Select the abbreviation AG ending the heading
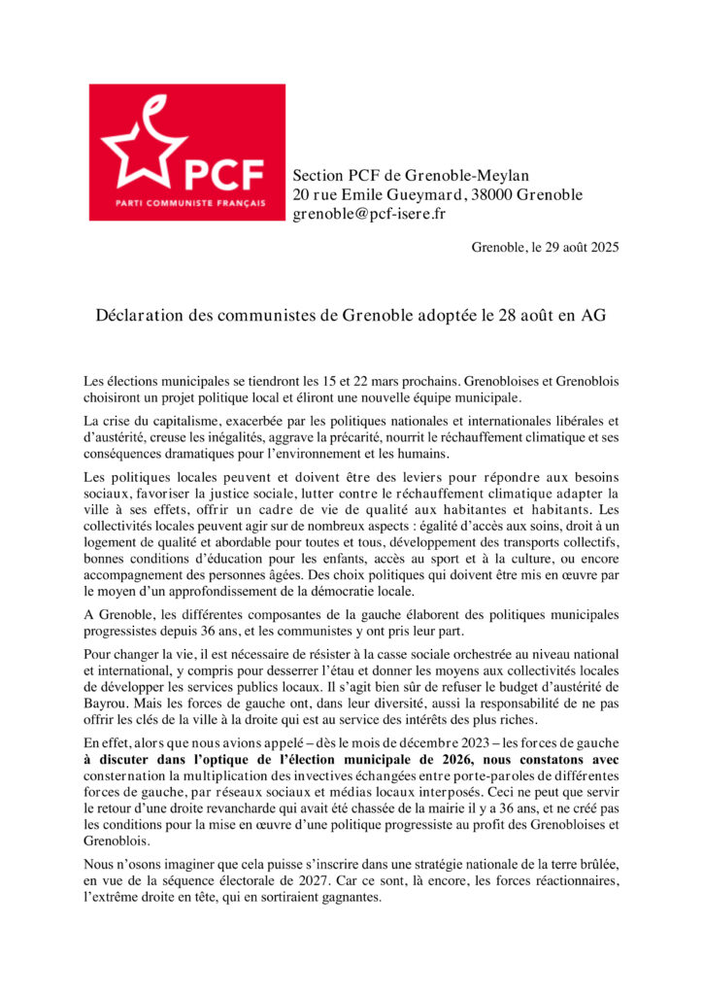(x=594, y=317)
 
